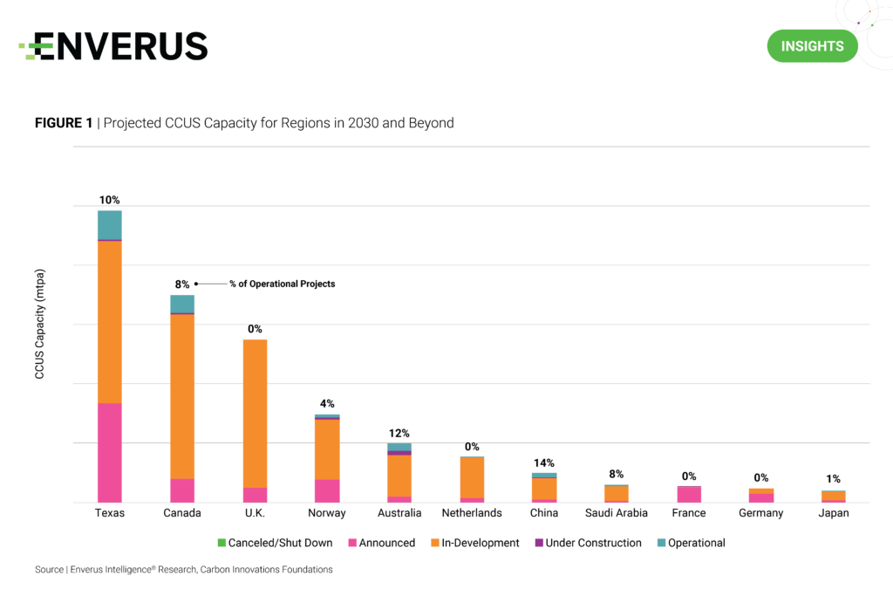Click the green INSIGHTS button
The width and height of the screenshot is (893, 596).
pos(812,46)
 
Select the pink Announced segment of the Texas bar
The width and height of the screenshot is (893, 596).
pos(110,452)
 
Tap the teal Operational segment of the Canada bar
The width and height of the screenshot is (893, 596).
pos(182,304)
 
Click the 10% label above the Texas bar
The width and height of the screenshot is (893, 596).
pos(110,200)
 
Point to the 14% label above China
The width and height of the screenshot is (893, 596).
pos(544,462)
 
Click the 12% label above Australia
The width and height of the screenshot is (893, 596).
pos(399,433)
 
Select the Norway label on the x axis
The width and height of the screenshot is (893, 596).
pos(327,513)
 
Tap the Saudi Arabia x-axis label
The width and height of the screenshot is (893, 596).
pos(617,513)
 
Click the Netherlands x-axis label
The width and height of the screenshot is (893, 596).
pos(472,513)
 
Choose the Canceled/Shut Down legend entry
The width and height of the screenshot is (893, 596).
pos(275,543)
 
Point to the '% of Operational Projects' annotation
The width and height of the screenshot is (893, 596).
pos(282,284)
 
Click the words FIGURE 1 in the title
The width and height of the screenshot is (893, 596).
pos(64,123)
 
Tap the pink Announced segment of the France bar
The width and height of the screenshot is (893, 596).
pos(689,494)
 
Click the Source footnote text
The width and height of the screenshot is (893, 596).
pos(183,570)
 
